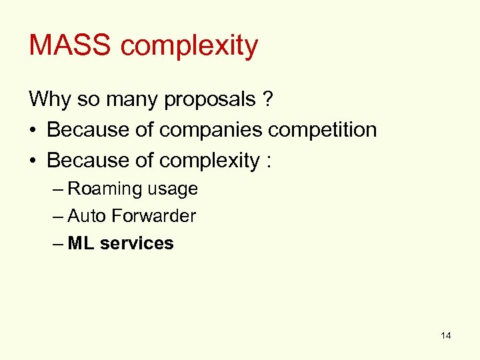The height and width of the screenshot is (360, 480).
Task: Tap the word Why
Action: click(x=45, y=99)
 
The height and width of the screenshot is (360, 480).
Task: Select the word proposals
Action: click(x=210, y=101)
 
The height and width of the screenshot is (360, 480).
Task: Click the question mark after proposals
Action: click(x=267, y=99)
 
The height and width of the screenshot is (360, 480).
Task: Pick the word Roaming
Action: click(x=105, y=189)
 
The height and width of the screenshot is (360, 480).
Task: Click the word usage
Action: click(x=172, y=190)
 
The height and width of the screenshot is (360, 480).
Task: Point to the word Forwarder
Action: click(x=153, y=216)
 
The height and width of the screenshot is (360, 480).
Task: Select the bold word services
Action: click(x=137, y=243)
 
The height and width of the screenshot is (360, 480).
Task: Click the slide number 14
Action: click(x=446, y=335)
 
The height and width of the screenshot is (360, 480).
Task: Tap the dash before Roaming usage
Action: click(x=58, y=189)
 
